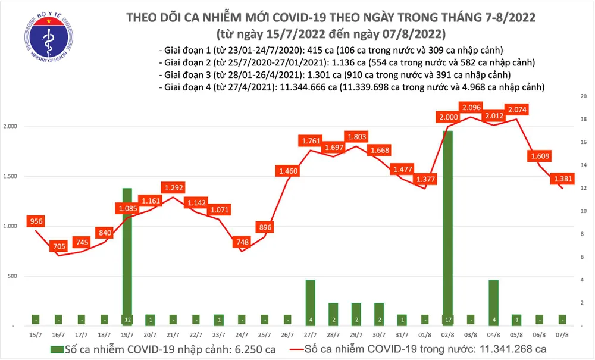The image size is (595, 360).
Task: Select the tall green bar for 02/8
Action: (x=447, y=226)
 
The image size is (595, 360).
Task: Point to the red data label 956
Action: (x=36, y=222)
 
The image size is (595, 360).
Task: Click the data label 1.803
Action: (x=356, y=136)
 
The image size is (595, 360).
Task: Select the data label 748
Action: (x=243, y=242)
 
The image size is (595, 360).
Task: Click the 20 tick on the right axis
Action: (x=583, y=96)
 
